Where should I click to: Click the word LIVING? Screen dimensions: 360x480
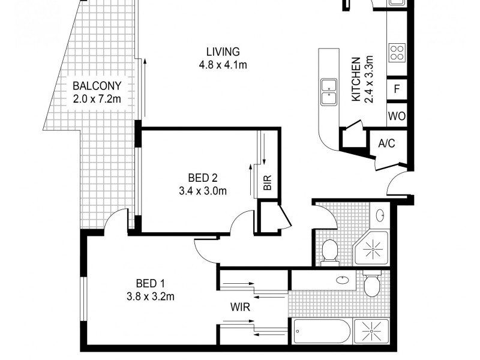click(x=223, y=52)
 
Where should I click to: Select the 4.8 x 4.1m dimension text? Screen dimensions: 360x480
click(x=223, y=65)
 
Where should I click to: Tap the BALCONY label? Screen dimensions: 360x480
click(x=97, y=86)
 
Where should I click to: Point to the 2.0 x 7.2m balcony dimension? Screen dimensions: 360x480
click(x=97, y=99)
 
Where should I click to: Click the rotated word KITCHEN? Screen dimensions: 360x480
click(x=355, y=79)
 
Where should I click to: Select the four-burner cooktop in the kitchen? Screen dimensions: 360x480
click(x=397, y=53)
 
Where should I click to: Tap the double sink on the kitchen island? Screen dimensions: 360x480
click(x=328, y=91)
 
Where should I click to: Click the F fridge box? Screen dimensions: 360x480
click(x=397, y=89)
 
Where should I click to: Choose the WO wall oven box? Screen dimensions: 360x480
click(x=397, y=116)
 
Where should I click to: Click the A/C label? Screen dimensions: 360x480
click(x=386, y=143)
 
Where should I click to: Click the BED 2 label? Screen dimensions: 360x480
click(x=202, y=178)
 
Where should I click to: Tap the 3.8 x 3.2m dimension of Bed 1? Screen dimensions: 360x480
click(x=150, y=296)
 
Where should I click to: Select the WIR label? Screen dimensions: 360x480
click(x=241, y=307)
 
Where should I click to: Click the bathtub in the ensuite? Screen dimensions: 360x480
click(x=322, y=332)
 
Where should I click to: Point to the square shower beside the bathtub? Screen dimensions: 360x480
click(x=371, y=332)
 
